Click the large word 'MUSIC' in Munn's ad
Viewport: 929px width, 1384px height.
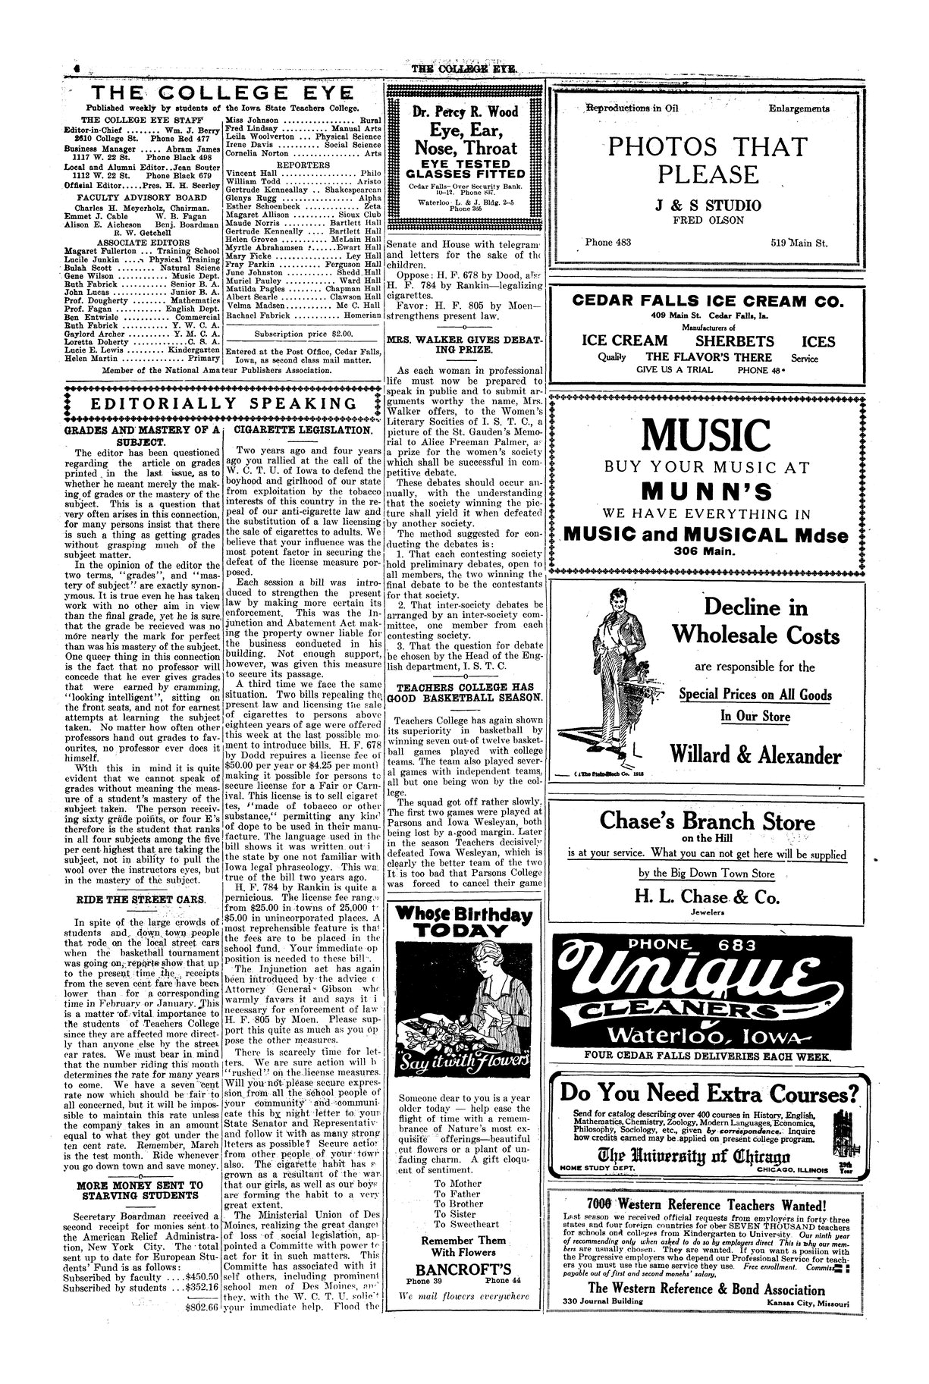(x=706, y=435)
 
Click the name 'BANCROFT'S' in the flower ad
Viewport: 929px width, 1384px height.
(x=463, y=1269)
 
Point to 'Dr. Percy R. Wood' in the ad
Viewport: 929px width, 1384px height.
(x=463, y=112)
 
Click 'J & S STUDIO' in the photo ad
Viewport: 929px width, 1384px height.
(x=706, y=206)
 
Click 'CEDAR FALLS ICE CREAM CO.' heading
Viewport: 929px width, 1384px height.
(x=706, y=302)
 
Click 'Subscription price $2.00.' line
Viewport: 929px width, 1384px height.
(x=303, y=333)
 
